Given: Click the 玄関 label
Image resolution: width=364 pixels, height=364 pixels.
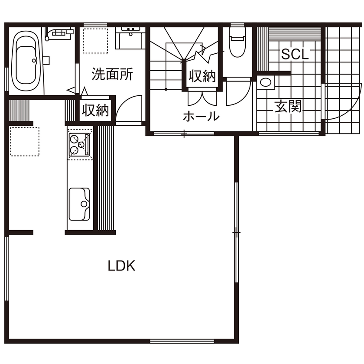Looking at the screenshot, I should [x=287, y=106].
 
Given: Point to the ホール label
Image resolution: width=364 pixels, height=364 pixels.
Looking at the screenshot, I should [x=201, y=116].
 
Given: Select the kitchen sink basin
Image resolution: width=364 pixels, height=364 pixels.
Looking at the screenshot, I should [x=79, y=204].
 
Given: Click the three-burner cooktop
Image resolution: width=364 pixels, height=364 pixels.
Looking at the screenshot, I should [x=79, y=144].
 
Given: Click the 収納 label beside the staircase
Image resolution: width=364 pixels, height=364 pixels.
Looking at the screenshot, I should [x=201, y=76].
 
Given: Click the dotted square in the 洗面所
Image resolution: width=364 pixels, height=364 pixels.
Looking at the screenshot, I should [x=95, y=40].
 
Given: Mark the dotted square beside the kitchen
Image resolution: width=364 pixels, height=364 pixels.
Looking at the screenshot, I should [x=25, y=141].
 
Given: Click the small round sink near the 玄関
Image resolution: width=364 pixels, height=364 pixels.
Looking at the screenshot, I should [x=265, y=82].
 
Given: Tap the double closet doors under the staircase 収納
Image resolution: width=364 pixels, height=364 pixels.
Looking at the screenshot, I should [x=201, y=98].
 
